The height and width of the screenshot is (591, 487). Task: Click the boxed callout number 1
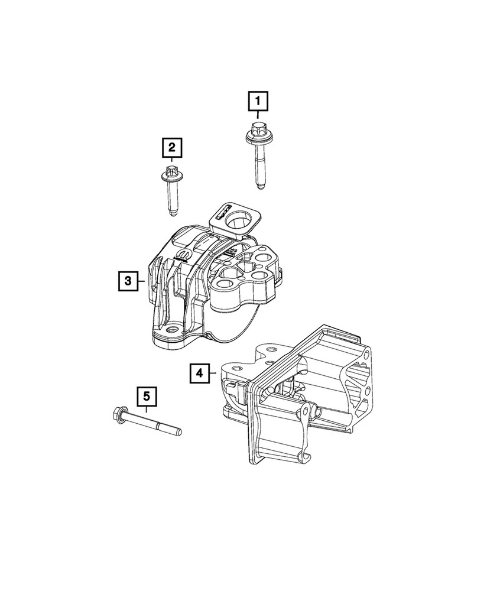(x=258, y=102)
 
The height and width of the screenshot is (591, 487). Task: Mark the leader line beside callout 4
(x=215, y=373)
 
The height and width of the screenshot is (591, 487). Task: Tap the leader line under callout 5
(x=147, y=410)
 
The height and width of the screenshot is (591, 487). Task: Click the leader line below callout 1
(x=258, y=116)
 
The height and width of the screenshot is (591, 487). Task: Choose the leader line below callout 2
(x=171, y=161)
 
